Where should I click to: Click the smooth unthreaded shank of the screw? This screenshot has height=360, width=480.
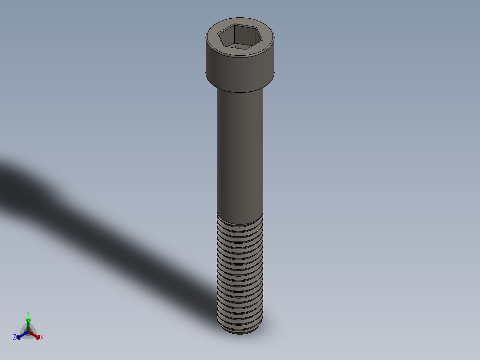tap(240, 151)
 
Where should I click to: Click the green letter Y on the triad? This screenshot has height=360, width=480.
tap(28, 313)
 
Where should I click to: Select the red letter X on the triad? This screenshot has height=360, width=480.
tap(42, 338)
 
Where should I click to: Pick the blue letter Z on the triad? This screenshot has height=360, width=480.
tap(15, 338)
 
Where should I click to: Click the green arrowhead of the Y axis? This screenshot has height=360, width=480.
tap(28, 320)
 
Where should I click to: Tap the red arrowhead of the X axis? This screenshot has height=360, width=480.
tap(37, 336)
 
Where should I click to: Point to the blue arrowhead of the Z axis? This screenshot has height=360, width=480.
tap(19, 336)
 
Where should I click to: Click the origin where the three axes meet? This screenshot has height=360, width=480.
tap(28, 332)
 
